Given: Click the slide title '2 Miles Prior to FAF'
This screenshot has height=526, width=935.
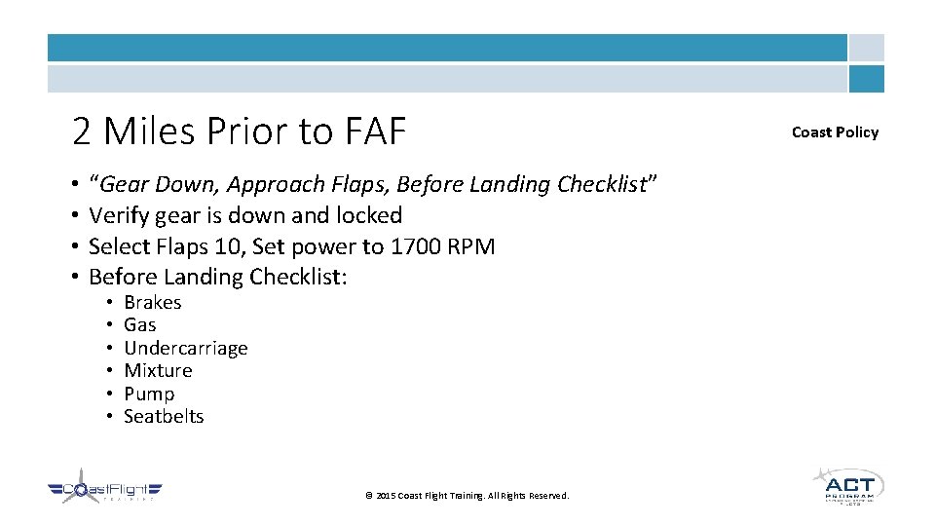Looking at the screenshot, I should tap(239, 131).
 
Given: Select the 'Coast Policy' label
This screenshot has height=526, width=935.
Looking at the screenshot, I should tap(835, 132).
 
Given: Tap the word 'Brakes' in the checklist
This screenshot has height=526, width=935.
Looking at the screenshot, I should tap(152, 303).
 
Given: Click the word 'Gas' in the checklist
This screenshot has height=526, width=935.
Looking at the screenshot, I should tap(139, 325).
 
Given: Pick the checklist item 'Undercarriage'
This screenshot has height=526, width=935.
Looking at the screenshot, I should tap(185, 349).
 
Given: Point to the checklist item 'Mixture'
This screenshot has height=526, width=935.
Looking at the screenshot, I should tap(158, 371).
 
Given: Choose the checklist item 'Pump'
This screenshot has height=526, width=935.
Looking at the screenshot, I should tap(149, 394).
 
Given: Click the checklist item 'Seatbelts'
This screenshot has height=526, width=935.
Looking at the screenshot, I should tap(164, 417).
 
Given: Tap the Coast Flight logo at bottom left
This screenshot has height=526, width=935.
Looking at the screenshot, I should tap(104, 493).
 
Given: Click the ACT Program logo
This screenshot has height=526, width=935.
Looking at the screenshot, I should tap(847, 486).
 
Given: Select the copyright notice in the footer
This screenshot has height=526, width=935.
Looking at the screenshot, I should tap(467, 496).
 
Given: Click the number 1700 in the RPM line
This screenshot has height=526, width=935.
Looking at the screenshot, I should tap(416, 246).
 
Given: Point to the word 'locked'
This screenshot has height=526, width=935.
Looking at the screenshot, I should tap(367, 215).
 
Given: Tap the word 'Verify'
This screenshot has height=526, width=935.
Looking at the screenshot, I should tap(117, 215).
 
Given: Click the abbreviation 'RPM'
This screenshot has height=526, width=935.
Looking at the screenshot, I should tap(471, 246).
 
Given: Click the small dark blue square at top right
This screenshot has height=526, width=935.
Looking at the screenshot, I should tap(866, 79).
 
